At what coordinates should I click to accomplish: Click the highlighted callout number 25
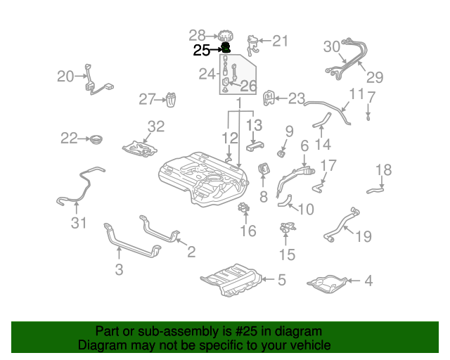(x=201, y=50)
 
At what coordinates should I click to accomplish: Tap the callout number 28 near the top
(x=197, y=34)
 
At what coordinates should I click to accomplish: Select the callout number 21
(x=280, y=41)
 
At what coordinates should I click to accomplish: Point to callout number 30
(x=331, y=46)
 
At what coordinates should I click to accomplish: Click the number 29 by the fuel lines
(x=375, y=77)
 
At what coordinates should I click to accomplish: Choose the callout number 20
(x=65, y=76)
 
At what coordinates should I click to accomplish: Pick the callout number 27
(x=146, y=100)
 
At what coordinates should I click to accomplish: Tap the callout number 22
(x=68, y=139)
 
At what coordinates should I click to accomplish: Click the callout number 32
(x=155, y=127)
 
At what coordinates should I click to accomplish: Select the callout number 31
(x=77, y=224)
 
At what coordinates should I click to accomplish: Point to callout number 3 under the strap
(x=118, y=269)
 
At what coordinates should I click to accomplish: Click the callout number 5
(x=281, y=280)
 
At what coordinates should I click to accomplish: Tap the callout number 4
(x=368, y=281)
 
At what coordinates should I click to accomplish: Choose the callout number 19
(x=363, y=237)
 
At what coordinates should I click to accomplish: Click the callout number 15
(x=286, y=255)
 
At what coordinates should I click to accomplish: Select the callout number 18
(x=382, y=169)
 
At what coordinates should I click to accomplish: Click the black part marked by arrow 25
(x=227, y=49)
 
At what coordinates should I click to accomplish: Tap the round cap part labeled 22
(x=93, y=139)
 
